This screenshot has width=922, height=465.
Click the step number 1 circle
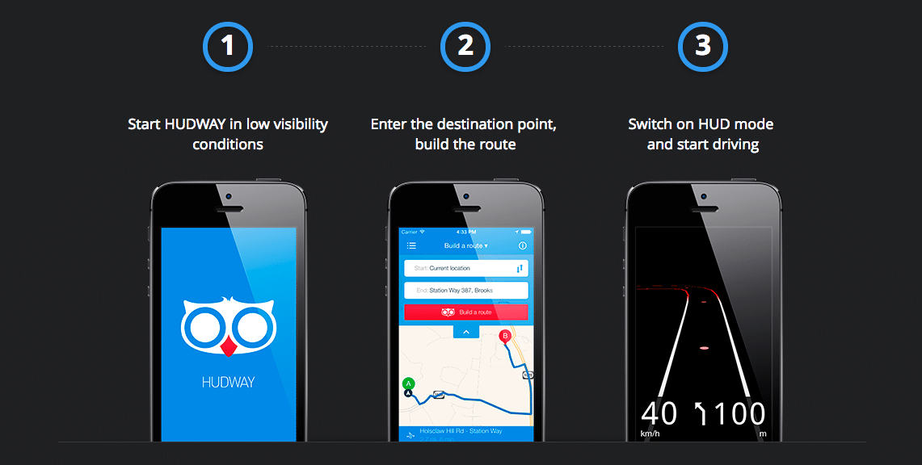coord(228,46)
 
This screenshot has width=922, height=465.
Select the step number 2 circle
coord(465,46)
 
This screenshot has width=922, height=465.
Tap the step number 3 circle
coord(703,46)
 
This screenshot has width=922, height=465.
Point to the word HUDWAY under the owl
coord(229,383)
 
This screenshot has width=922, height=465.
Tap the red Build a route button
coord(466,312)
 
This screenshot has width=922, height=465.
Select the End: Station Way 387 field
coord(466,291)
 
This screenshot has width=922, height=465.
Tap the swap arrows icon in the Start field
coord(520,268)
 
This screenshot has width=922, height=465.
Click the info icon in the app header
coord(522,245)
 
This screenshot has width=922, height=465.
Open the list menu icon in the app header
coord(411,245)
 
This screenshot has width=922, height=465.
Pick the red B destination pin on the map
coord(505,336)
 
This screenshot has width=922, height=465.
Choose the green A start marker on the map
coord(408,383)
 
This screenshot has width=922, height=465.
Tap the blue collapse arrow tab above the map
coord(466,331)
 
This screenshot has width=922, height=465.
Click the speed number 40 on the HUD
coord(659,413)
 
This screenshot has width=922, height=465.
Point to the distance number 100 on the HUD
coord(739,413)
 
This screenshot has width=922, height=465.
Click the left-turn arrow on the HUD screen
coord(700,413)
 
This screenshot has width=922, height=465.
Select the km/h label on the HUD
coord(649,434)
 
